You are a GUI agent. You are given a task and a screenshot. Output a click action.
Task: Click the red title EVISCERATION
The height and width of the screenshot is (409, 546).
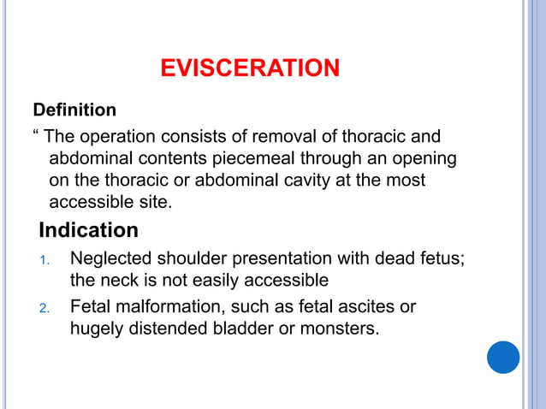250,68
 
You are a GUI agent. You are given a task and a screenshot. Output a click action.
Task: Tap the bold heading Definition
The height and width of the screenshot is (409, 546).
74,110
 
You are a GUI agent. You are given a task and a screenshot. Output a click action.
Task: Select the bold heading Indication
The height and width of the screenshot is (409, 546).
88,231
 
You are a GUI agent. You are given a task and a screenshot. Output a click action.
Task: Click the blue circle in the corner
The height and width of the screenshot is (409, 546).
503,356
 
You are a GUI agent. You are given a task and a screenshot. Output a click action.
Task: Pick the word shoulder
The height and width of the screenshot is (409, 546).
188,258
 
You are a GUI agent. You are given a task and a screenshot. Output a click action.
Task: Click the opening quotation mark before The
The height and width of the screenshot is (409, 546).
36,135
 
